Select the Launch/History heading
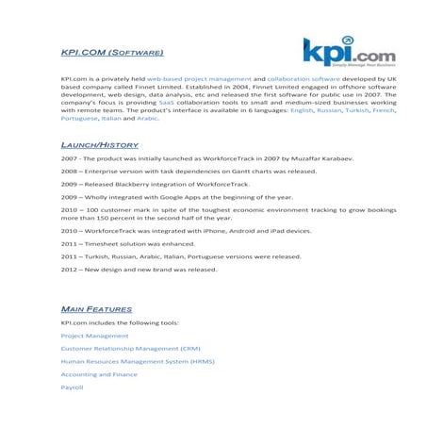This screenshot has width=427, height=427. (x=99, y=144)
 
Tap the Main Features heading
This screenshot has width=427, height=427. (x=96, y=308)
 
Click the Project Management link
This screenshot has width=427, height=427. (x=94, y=336)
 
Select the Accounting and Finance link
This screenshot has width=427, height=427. (x=98, y=374)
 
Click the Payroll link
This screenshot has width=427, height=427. (x=73, y=387)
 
